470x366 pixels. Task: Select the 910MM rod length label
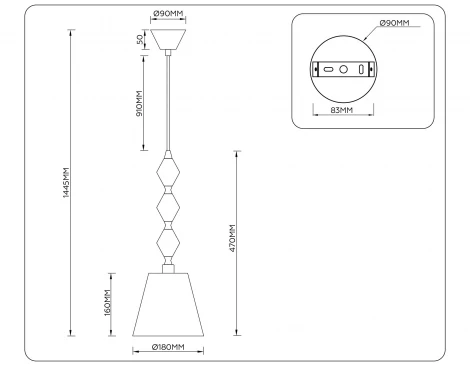(x=139, y=102)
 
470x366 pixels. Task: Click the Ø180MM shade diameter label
(x=167, y=348)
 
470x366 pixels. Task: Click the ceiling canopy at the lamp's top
(x=167, y=39)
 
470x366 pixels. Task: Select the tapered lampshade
(x=167, y=304)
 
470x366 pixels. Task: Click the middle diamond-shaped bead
(x=168, y=206)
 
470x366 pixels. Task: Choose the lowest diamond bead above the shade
(x=168, y=243)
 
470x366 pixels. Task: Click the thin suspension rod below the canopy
(x=168, y=100)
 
